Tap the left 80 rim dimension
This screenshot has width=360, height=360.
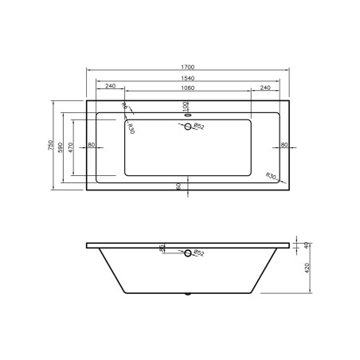92,145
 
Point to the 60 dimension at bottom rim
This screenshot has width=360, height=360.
179,185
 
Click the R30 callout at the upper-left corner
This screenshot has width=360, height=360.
130,127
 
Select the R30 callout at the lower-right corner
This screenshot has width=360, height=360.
271,175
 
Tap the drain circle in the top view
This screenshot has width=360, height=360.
189,131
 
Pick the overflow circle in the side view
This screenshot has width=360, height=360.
189,253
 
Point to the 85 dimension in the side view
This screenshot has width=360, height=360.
163,249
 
